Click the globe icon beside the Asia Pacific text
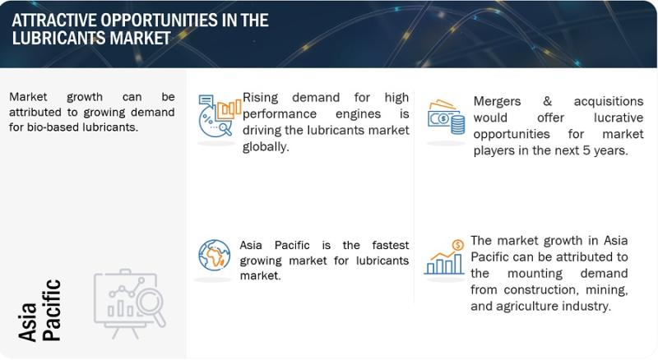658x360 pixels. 214,255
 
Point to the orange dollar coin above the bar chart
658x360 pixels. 458,245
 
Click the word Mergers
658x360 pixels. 497,102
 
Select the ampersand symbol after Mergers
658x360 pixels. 547,101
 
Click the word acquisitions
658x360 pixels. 609,102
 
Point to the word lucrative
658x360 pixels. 619,118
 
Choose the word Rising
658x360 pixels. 260,98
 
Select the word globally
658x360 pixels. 266,146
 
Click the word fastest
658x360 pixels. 390,245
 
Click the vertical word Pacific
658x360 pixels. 52,310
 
